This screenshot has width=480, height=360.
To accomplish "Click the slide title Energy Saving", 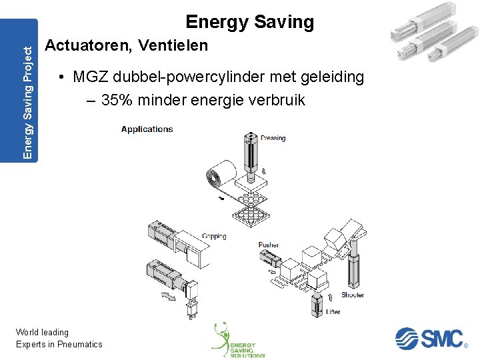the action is pos(249,22).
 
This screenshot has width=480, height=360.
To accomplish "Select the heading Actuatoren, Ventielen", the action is pos(126,46).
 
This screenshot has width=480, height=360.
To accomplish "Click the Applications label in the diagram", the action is pos(147,129).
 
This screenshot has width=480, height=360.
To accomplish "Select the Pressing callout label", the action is pos(273,138).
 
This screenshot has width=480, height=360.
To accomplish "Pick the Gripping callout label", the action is pos(214,236).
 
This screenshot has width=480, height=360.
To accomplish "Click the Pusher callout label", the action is pos(269,245).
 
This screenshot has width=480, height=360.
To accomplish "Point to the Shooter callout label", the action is pos(353,295).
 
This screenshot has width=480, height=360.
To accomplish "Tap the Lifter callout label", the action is pos(333,311).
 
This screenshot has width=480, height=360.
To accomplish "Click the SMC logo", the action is pos(429,338).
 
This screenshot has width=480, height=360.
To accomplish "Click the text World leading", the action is pos(42,332).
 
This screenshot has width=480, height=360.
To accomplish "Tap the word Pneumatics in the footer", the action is pos(80,344).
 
